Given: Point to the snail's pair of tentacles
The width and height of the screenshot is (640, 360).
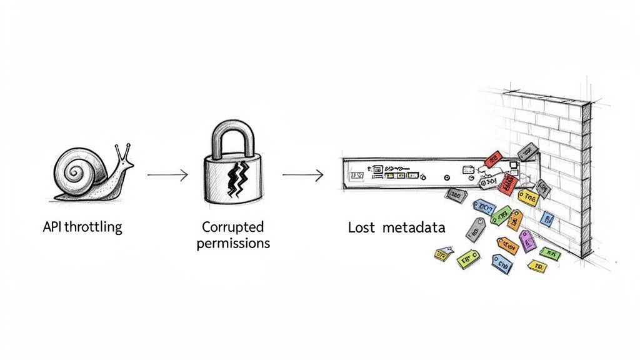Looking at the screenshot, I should pyautogui.click(x=121, y=151).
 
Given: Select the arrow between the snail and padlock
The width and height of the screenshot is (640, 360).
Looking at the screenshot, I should pyautogui.click(x=167, y=176).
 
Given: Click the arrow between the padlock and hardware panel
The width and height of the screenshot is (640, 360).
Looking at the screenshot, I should pyautogui.click(x=302, y=176).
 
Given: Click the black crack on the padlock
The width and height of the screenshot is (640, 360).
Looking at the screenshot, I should pyautogui.click(x=236, y=178).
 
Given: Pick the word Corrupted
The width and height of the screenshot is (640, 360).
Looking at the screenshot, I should pyautogui.click(x=233, y=226).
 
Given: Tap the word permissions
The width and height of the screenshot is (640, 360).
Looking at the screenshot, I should pyautogui.click(x=233, y=242).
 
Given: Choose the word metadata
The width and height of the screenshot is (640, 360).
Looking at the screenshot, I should pyautogui.click(x=414, y=227).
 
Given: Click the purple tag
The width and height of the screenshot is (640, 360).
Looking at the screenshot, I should pyautogui.click(x=527, y=240).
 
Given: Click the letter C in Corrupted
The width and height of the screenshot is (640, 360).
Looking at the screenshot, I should pyautogui.click(x=206, y=226).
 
